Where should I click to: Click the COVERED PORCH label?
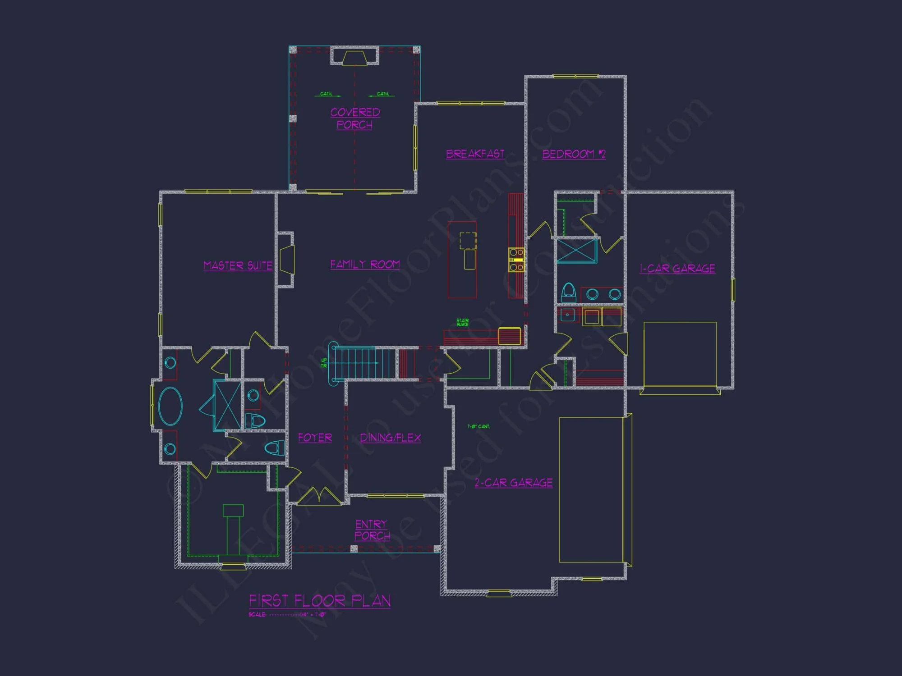tap(355, 118)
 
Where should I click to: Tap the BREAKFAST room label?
tap(475, 154)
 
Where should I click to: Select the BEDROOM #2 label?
tap(574, 154)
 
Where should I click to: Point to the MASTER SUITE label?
tap(238, 265)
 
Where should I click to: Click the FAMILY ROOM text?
tap(365, 265)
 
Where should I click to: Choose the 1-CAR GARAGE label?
tap(677, 269)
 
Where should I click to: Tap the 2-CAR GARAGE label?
tap(513, 483)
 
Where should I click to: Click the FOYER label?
tap(315, 438)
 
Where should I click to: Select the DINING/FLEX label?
tap(390, 438)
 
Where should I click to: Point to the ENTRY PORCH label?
tap(372, 530)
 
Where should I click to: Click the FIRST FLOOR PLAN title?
tap(320, 601)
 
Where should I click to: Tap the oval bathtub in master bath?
tap(170, 406)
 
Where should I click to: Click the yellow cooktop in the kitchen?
tap(516, 260)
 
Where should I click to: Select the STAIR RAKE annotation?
tap(463, 322)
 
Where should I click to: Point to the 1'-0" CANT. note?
tap(479, 426)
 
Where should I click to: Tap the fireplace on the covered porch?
tap(354, 57)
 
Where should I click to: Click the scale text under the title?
tap(287, 615)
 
